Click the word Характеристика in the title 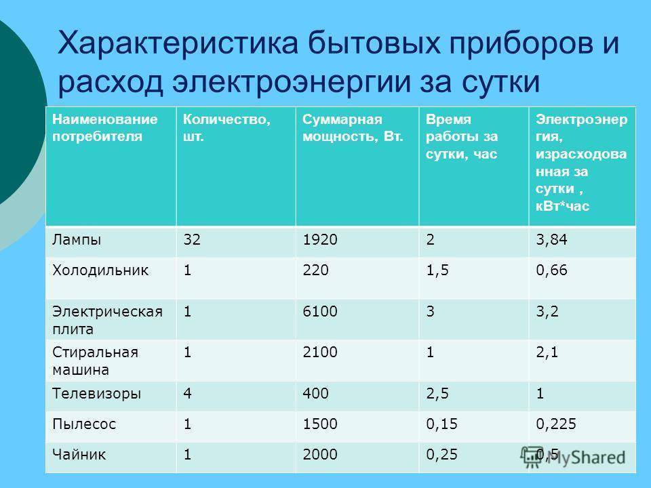point(178,42)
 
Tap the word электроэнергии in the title point(292,82)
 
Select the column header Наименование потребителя point(104,128)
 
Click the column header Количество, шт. point(226,128)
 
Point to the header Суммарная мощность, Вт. point(353,128)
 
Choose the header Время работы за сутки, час point(462,136)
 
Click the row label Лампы point(77,240)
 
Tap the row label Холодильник point(100,270)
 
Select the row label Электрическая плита point(107,320)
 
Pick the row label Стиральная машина point(95,361)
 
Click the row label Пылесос point(84,424)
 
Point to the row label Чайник point(79,454)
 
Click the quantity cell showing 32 point(192,239)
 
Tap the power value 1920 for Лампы point(319,239)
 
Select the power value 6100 point(319,311)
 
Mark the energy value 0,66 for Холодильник point(551,270)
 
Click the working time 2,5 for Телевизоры point(437,393)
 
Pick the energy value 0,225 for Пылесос point(556,424)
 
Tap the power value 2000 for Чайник point(319,454)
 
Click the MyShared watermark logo point(573,457)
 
